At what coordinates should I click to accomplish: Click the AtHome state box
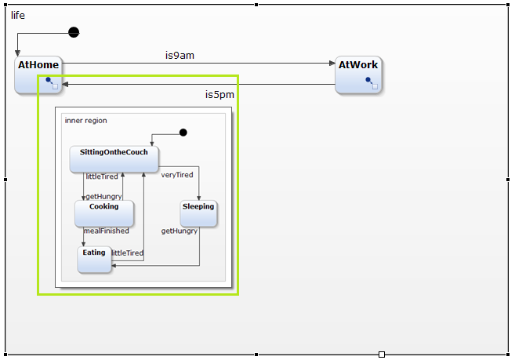38,75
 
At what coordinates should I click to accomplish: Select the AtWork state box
359,75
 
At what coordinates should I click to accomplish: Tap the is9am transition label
180,55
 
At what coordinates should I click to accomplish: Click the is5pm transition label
219,95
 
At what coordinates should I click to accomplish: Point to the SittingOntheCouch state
114,158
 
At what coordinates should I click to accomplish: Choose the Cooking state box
104,213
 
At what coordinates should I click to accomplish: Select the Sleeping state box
198,213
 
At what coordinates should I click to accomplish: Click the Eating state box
94,260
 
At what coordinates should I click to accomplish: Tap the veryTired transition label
177,175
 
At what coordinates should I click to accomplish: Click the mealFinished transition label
106,231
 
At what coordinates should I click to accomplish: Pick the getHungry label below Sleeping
180,231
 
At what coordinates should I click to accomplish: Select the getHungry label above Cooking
103,196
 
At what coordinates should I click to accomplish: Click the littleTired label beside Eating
127,253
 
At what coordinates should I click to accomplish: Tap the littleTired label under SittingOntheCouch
102,176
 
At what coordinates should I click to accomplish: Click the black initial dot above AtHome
74,32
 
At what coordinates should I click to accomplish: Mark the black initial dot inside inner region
183,133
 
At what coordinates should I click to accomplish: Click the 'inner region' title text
86,121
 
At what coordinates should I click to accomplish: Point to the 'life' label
17,15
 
